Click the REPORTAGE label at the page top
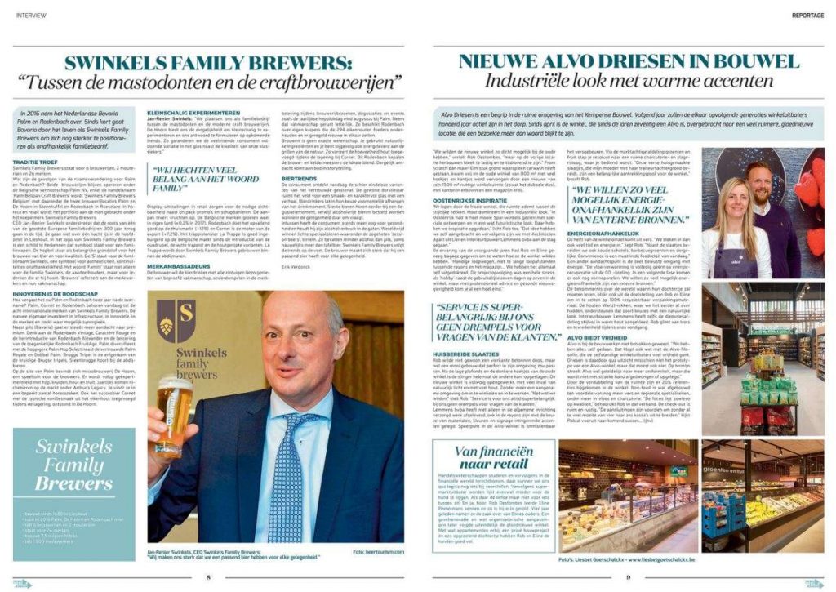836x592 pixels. pos(807,15)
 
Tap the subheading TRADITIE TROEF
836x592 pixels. pos(35,139)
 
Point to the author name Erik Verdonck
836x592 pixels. pos(295,267)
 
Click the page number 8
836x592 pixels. pos(209,577)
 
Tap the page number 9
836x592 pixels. pos(628,577)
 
